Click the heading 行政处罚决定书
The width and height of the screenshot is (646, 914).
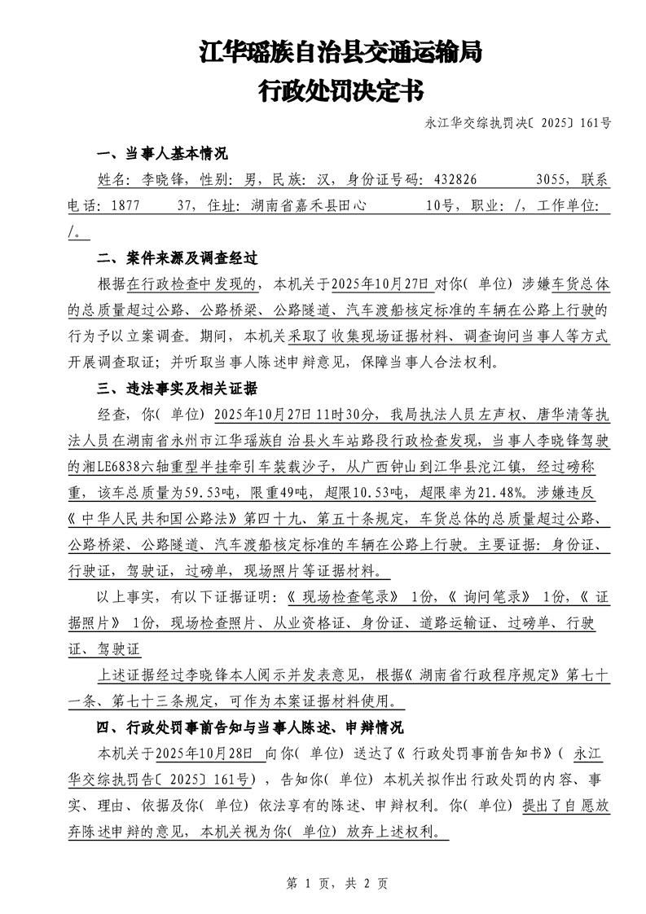[x=340, y=90]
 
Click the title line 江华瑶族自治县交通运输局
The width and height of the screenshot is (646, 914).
[x=341, y=53]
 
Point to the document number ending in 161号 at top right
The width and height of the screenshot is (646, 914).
[x=518, y=124]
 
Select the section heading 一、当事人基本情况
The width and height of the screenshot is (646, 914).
[x=162, y=154]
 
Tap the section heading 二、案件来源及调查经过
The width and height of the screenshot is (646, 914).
[x=177, y=258]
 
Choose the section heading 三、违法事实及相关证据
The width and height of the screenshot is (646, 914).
[x=177, y=388]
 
